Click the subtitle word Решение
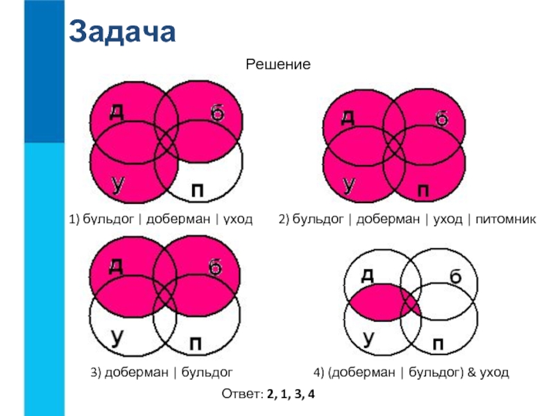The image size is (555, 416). (x=277, y=64)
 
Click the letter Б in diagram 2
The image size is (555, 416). (x=442, y=119)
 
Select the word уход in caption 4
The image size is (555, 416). (x=494, y=373)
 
